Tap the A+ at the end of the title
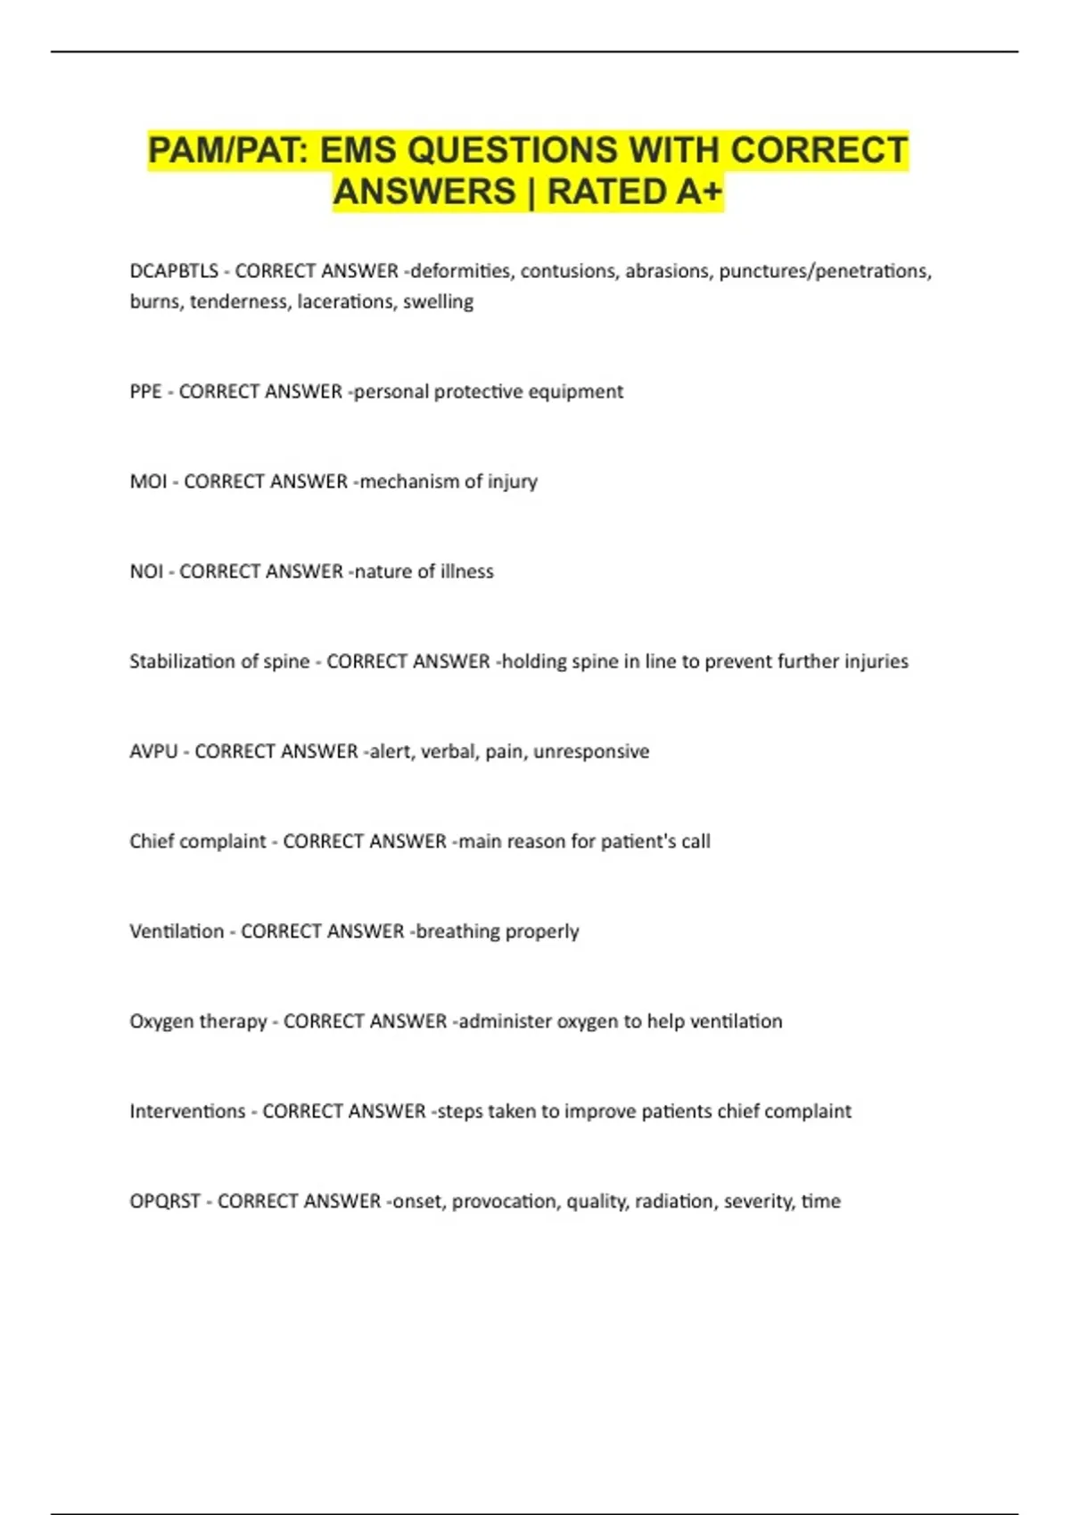tap(698, 192)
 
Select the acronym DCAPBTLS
tap(174, 271)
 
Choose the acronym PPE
tap(145, 391)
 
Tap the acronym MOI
tap(148, 481)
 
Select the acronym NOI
tap(146, 571)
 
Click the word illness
tap(466, 571)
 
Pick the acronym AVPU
tap(153, 751)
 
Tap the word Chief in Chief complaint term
tap(151, 841)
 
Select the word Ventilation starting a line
tap(177, 931)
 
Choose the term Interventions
tap(187, 1111)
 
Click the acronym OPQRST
tap(165, 1201)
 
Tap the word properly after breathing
tap(542, 931)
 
